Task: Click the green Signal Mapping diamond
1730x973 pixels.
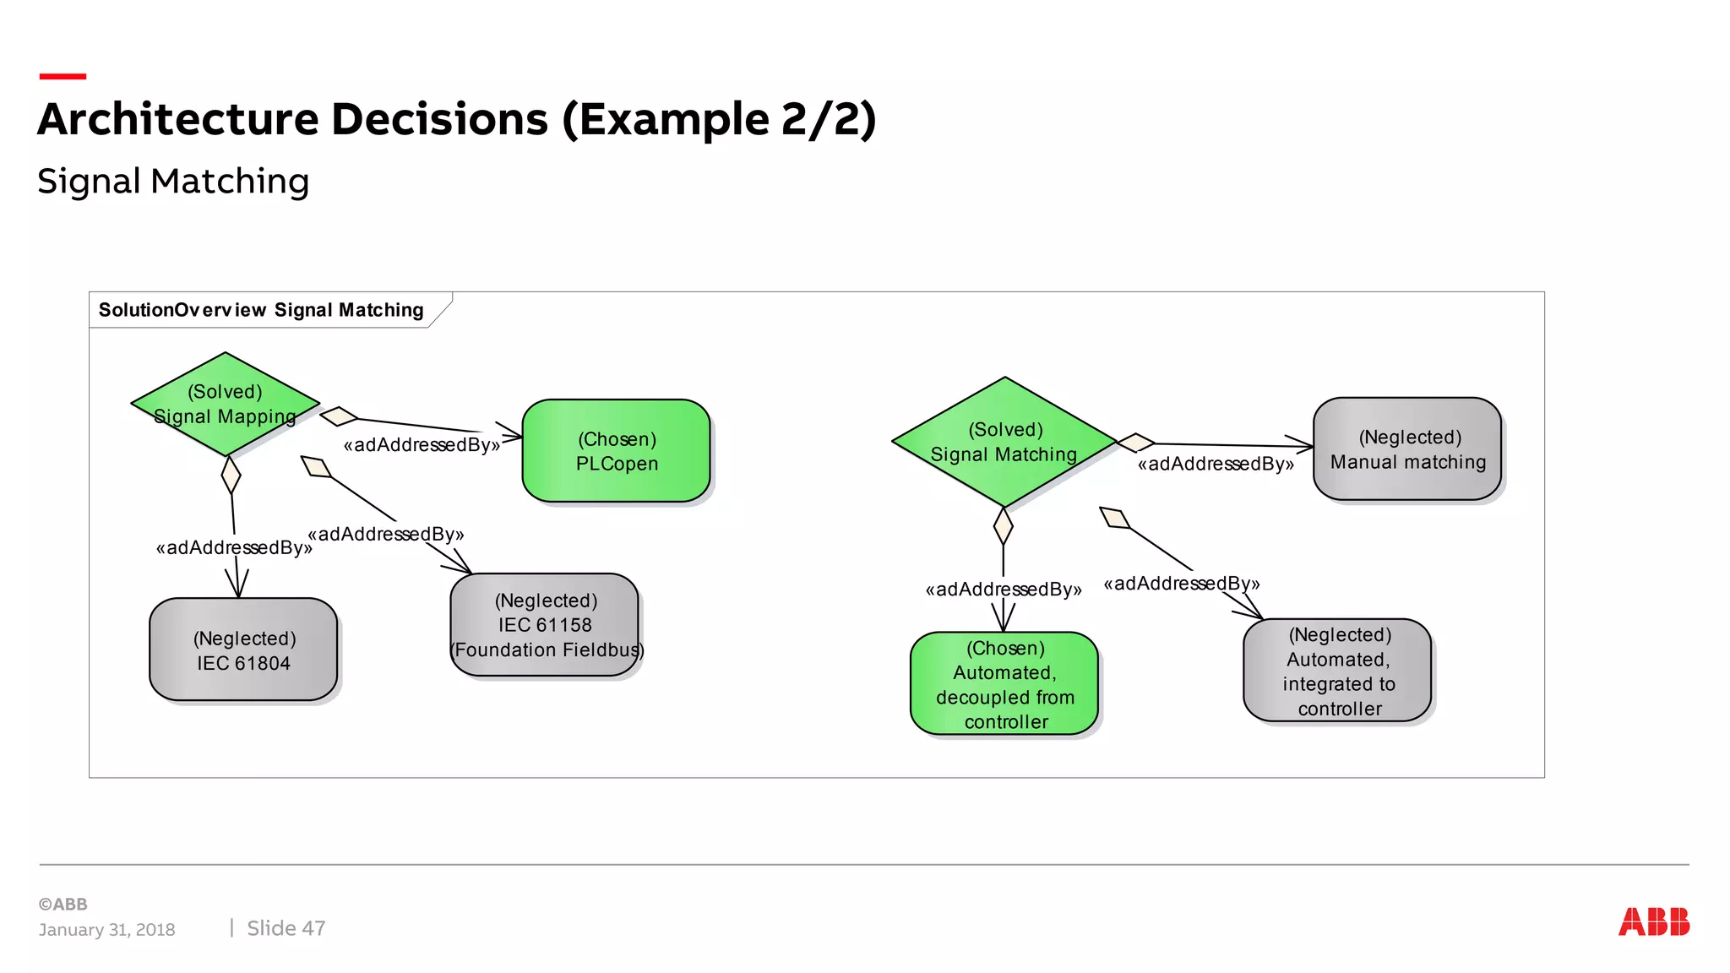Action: coord(225,404)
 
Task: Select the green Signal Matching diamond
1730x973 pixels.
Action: coord(1004,442)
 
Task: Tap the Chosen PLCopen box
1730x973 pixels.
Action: coord(616,451)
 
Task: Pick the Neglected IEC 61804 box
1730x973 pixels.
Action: coord(243,650)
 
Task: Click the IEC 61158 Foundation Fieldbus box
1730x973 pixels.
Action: coord(546,625)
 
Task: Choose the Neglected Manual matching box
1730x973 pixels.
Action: coord(1406,449)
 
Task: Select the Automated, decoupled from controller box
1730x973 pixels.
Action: coord(1004,683)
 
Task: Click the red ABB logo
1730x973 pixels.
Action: coord(1653,921)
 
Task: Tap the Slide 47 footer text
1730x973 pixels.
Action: coord(286,928)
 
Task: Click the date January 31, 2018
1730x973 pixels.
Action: coord(106,930)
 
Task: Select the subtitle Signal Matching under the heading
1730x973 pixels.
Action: coord(173,182)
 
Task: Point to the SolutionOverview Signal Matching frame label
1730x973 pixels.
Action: coord(261,310)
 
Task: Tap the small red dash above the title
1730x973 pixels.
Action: coord(63,77)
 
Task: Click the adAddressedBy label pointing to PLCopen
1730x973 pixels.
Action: coord(422,445)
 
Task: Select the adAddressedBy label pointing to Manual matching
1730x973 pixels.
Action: coord(1216,464)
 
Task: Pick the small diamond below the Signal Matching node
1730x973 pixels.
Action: coord(1003,526)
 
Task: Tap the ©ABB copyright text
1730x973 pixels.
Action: coord(63,904)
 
